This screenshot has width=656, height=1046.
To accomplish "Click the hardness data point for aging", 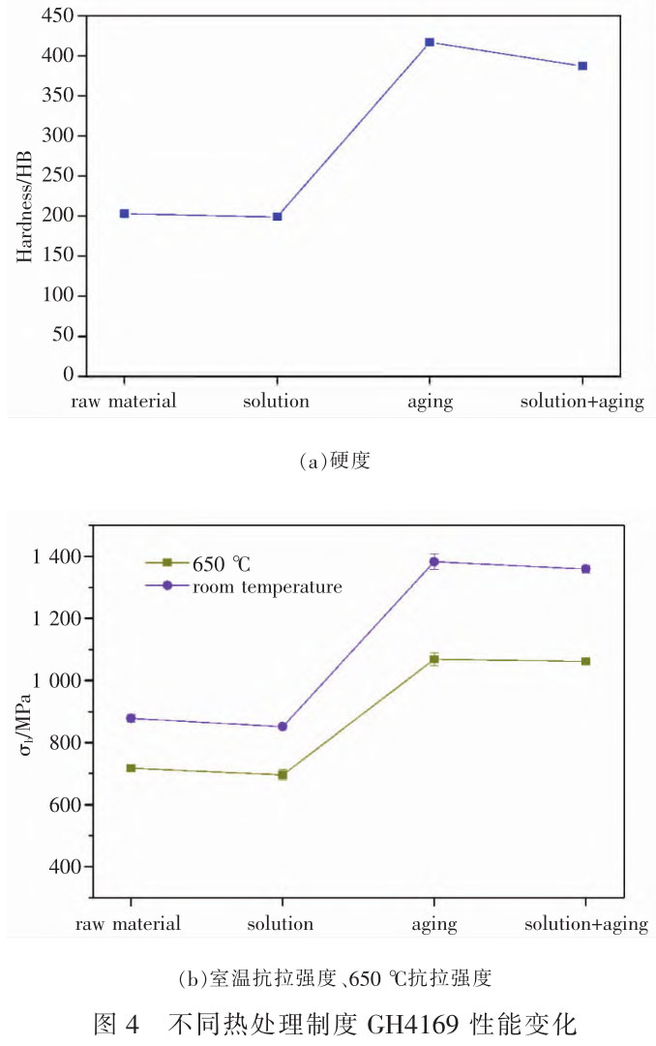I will tap(430, 43).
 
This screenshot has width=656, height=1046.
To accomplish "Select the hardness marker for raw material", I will tap(124, 213).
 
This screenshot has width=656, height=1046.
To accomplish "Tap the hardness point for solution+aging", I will tap(582, 66).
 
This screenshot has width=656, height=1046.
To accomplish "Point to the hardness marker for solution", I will tap(278, 217).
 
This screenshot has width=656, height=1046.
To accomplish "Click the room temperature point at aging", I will tap(434, 561).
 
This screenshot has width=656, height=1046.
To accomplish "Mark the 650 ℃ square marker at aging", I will tap(434, 660).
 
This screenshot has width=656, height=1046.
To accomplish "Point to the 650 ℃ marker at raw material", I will tap(129, 768).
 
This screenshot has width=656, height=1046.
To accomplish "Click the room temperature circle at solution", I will tap(283, 727).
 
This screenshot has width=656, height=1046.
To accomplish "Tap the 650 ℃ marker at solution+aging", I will tap(585, 662).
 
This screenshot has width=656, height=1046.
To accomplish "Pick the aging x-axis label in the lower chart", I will tap(433, 924).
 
